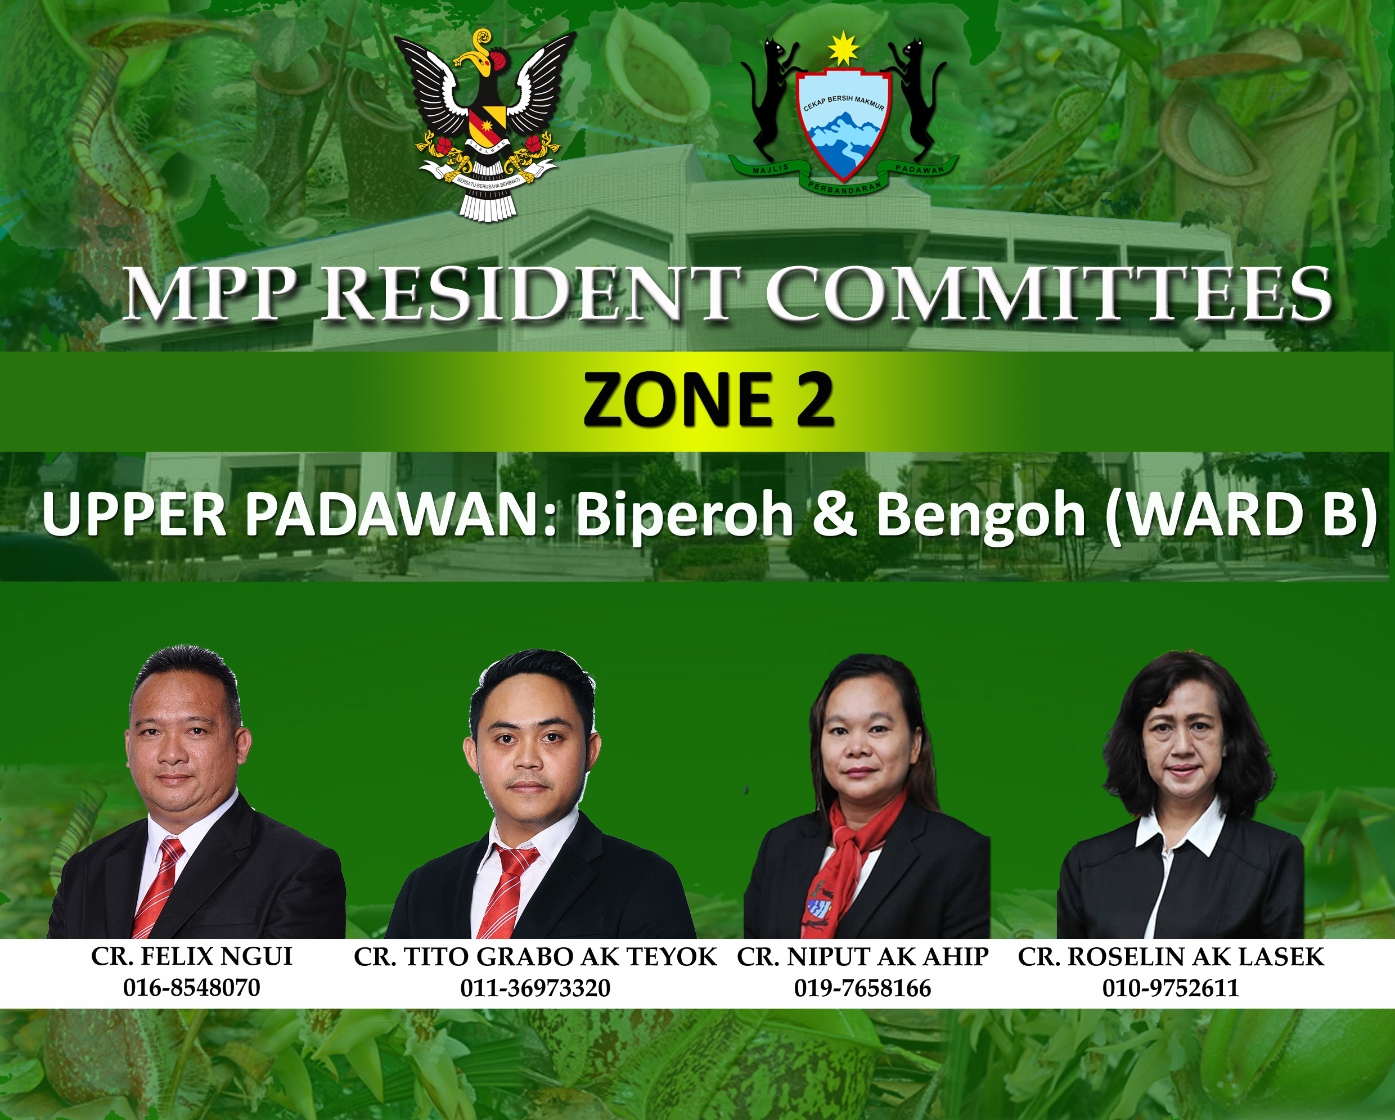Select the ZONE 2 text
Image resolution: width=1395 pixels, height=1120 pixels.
pos(709,400)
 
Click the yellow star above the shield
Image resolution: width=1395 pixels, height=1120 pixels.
pos(844,48)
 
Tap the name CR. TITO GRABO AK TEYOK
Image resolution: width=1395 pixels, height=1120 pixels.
pos(535,957)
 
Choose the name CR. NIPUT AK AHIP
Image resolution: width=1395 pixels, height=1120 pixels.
pos(862,957)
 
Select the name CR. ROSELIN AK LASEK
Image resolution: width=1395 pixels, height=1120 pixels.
pos(1171,957)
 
